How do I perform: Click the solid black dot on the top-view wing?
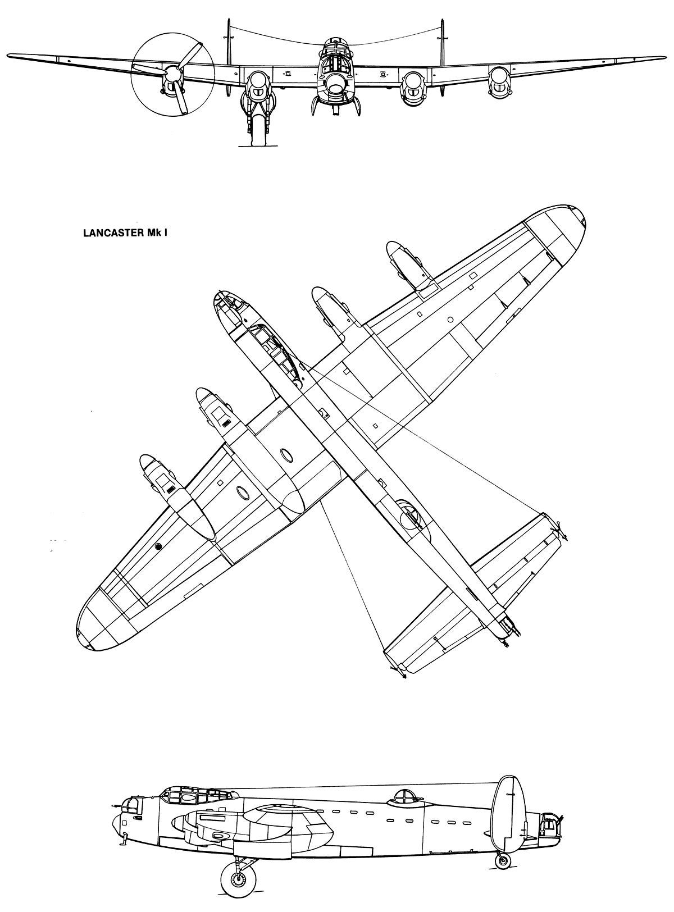158,546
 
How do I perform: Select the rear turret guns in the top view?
512,635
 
